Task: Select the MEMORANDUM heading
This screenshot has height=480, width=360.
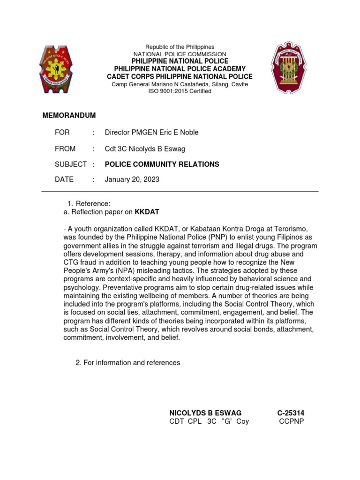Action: (x=69, y=115)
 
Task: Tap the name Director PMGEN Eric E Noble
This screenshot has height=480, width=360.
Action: (x=151, y=132)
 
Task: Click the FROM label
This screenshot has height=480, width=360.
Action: (x=65, y=149)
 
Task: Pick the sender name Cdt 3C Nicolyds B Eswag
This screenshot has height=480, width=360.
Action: (x=145, y=149)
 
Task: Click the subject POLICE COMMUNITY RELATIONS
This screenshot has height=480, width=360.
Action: (x=162, y=164)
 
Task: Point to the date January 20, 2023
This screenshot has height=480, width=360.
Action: (x=132, y=180)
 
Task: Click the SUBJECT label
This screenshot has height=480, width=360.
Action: (x=71, y=164)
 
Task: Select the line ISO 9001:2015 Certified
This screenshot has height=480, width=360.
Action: (x=180, y=91)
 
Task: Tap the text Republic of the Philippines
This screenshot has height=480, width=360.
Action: (x=180, y=47)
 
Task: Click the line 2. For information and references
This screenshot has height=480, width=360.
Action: (x=127, y=363)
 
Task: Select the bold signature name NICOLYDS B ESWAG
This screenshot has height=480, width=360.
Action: (x=205, y=413)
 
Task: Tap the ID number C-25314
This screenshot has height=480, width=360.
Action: (x=291, y=413)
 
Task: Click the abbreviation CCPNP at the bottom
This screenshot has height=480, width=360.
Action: (x=292, y=421)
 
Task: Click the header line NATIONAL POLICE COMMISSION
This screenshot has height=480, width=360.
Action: (x=180, y=54)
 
